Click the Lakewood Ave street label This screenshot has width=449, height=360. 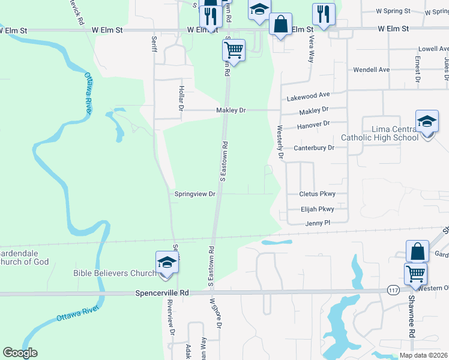(309, 95)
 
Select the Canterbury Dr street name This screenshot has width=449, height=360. (313, 148)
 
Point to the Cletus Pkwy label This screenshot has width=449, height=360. (317, 194)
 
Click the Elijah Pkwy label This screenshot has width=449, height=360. (316, 209)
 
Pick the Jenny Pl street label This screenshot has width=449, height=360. (318, 223)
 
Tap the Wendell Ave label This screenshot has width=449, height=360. (371, 70)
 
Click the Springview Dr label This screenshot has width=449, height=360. (194, 194)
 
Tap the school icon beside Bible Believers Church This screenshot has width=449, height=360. (167, 262)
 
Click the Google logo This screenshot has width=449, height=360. (20, 353)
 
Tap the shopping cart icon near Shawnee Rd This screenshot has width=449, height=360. (415, 274)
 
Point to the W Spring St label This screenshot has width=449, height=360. (393, 11)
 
